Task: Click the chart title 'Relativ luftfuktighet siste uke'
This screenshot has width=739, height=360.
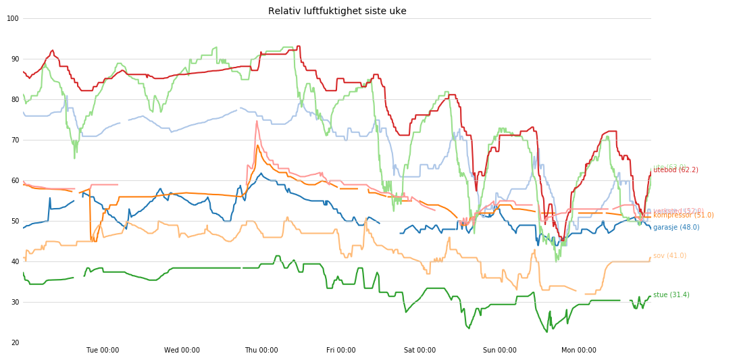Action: coord(337,11)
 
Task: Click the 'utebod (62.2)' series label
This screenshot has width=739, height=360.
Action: coord(676,170)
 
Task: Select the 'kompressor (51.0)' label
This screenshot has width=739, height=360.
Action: coord(683,215)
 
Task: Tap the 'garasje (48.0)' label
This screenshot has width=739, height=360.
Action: coord(676,228)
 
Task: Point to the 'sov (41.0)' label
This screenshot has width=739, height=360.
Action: coord(669,256)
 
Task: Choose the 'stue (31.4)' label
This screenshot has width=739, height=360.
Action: coord(671,295)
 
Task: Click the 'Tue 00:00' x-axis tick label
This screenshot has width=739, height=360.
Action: coord(103,351)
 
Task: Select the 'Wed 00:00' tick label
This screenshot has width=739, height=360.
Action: coord(182,351)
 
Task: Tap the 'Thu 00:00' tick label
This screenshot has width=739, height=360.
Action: coord(261,351)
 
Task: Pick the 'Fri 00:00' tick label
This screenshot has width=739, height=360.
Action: coord(340,351)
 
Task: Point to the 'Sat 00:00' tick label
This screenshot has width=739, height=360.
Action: coord(420,351)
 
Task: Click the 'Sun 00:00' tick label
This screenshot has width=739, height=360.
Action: coord(499,351)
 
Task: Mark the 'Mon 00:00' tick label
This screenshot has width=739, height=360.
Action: coord(579,351)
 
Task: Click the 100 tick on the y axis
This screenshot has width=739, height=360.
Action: coord(13,18)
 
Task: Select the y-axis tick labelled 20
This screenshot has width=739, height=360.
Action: coord(15,342)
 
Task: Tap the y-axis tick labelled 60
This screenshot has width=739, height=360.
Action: coord(15,180)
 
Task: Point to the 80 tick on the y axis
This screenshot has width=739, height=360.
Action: coord(15,99)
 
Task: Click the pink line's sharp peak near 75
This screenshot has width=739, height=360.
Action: coord(257,121)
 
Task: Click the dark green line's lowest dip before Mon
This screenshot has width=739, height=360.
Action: coord(547,332)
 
